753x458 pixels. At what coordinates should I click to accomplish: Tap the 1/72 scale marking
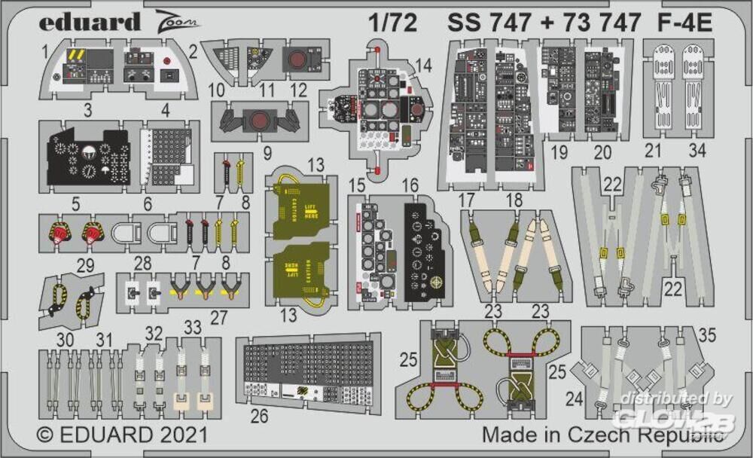click(x=392, y=23)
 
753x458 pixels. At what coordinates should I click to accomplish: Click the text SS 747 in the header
click(x=488, y=23)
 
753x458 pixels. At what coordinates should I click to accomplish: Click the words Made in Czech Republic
click(x=603, y=435)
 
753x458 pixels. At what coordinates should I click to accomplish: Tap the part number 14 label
click(x=423, y=66)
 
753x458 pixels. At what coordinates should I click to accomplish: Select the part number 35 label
click(x=707, y=335)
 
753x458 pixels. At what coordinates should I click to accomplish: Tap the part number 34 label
click(x=697, y=151)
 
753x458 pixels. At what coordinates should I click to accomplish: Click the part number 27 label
click(x=218, y=316)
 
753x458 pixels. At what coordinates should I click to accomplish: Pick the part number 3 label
click(x=88, y=112)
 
